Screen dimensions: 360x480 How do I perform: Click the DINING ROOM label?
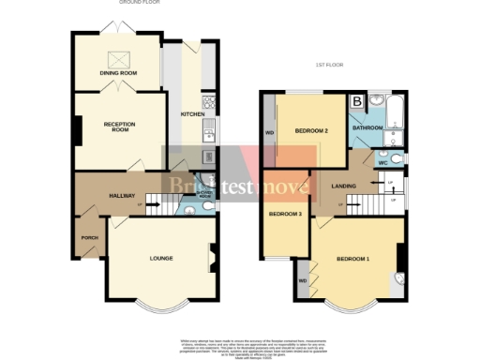(x=118, y=73)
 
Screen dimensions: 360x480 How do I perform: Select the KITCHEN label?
(x=193, y=115)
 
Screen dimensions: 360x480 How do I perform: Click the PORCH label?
(x=90, y=238)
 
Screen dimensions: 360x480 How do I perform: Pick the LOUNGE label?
(x=156, y=258)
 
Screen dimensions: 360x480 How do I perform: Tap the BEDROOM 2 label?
(x=310, y=130)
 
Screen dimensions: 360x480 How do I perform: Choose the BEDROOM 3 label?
(x=285, y=214)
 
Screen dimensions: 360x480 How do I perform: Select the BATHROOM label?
(x=367, y=127)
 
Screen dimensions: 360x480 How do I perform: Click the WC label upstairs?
(x=382, y=162)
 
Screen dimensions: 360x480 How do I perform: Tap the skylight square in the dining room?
(x=120, y=58)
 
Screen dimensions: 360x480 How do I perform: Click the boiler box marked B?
(x=357, y=101)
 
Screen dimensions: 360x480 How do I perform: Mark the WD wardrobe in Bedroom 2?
(x=270, y=130)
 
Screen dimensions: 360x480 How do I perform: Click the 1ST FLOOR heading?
(x=329, y=65)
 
